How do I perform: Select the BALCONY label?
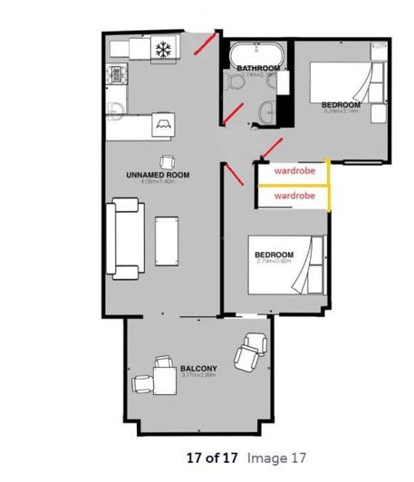(x=198, y=369)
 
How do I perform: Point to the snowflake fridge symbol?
(x=164, y=49)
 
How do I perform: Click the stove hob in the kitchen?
(x=116, y=75)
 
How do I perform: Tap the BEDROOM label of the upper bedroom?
(x=342, y=106)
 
